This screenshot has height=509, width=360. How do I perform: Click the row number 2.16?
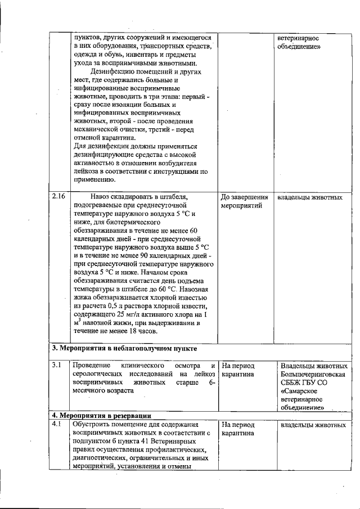click(x=58, y=197)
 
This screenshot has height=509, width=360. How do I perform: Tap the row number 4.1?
click(x=56, y=425)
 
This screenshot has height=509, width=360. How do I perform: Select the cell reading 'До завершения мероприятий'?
click(x=244, y=202)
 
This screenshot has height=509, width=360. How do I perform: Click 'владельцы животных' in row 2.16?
click(x=311, y=197)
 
